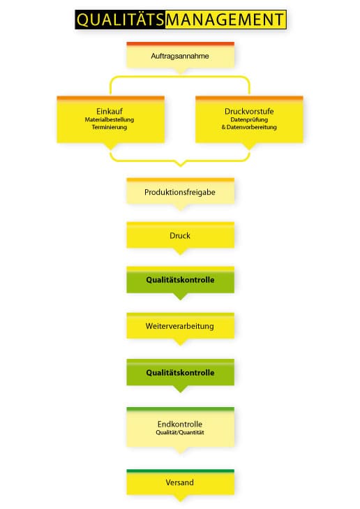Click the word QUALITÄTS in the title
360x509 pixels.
(x=120, y=20)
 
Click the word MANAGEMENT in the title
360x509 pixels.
(x=225, y=20)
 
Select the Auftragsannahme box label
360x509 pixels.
(x=180, y=56)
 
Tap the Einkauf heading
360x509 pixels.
(x=110, y=111)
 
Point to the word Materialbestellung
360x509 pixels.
(x=110, y=119)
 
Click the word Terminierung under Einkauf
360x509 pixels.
(x=110, y=127)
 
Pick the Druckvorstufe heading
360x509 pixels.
(x=249, y=111)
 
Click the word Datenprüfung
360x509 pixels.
(x=249, y=119)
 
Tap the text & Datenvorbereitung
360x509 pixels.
(x=249, y=127)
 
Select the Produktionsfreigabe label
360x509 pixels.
(x=180, y=192)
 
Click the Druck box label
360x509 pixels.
(x=180, y=236)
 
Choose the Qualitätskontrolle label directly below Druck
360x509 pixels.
(x=180, y=280)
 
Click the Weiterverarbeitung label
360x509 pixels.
(x=180, y=326)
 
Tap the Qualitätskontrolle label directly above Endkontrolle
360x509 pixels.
(x=180, y=373)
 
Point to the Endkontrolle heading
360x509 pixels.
(x=180, y=424)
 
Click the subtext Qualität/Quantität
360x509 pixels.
(x=180, y=432)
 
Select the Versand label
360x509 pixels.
(x=180, y=482)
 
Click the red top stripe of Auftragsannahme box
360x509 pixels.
(x=180, y=44)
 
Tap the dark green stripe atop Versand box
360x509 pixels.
(x=180, y=471)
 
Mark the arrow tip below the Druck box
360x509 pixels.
(x=180, y=254)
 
